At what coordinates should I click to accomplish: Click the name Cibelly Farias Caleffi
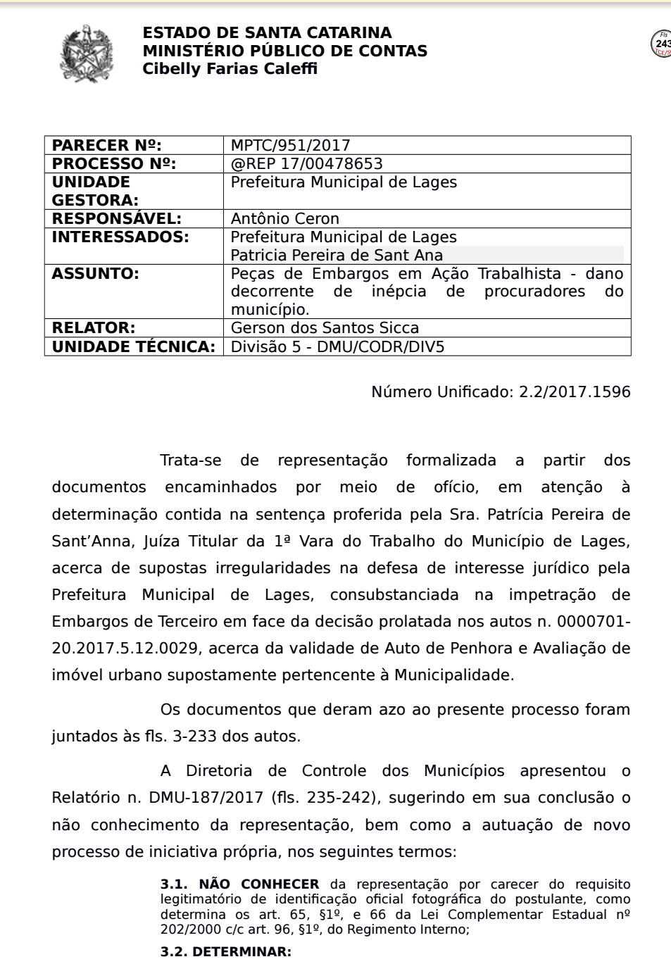click(230, 69)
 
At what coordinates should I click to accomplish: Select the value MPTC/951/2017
click(290, 146)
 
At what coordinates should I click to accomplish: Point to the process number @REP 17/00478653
click(306, 164)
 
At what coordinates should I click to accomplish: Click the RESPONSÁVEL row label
click(116, 219)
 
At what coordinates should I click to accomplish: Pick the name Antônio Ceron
click(284, 219)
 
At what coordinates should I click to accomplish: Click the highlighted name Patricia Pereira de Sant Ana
click(337, 256)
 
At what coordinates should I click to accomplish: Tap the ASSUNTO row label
click(95, 274)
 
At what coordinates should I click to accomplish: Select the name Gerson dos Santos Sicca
click(325, 328)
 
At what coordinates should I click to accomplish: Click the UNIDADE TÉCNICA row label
click(133, 346)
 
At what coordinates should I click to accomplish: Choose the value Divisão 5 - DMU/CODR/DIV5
click(337, 346)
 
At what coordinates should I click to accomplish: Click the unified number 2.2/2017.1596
click(575, 392)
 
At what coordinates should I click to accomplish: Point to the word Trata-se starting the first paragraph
click(190, 461)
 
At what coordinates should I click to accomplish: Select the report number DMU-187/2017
click(207, 798)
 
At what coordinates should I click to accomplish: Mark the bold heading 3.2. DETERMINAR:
click(225, 952)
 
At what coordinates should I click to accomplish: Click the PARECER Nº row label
click(106, 146)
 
